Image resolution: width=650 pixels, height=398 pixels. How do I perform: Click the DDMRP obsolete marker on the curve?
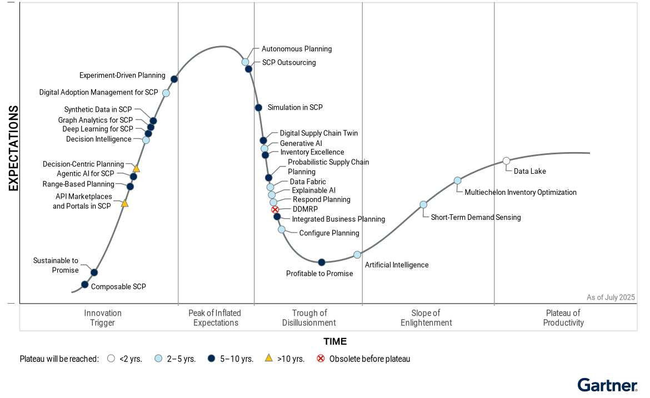275,209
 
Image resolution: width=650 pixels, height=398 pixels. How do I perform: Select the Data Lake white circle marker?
506,161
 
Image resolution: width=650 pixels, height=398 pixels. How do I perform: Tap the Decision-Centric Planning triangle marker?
136,168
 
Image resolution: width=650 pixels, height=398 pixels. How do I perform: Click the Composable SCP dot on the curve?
85,284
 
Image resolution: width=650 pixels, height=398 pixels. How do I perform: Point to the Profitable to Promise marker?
321,262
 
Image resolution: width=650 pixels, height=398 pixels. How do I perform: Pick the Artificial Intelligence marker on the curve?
357,255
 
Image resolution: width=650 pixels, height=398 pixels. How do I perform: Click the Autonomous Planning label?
297,49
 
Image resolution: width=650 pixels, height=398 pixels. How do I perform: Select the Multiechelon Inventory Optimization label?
521,193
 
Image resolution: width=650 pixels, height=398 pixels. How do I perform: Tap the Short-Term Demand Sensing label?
476,218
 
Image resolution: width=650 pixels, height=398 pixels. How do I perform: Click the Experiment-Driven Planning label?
122,75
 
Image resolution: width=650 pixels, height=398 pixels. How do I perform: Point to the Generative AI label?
301,143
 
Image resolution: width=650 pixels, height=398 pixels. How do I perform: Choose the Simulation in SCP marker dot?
258,108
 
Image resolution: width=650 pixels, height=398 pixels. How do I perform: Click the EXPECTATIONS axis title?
13,149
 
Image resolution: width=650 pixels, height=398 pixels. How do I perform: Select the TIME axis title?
335,341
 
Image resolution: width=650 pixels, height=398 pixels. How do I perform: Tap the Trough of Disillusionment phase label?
309,318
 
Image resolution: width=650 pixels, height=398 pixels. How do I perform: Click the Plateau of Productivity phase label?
563,318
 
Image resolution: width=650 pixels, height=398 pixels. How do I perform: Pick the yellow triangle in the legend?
269,358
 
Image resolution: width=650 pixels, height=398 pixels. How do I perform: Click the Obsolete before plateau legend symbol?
321,359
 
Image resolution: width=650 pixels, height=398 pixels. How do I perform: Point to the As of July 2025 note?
611,298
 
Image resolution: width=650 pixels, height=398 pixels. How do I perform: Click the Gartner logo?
607,385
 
